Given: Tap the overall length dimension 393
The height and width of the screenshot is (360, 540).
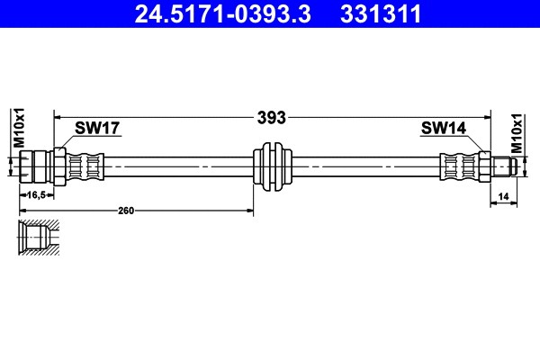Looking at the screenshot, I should point(272,117).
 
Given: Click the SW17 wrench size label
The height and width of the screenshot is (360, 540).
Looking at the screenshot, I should point(97,129).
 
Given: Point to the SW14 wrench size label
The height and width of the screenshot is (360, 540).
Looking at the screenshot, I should point(443,129).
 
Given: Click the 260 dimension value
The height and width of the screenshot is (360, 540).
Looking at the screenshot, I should point(126,211).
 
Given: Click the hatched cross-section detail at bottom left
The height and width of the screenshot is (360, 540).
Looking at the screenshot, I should point(39,238).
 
